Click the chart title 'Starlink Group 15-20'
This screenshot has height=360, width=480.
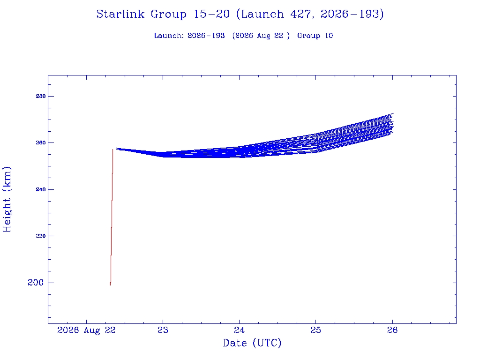click(163, 14)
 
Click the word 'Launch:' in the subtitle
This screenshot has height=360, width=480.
click(169, 36)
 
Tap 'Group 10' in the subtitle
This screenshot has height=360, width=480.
click(315, 36)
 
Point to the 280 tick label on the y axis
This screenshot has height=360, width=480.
click(41, 96)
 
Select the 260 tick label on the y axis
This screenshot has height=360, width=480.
click(41, 142)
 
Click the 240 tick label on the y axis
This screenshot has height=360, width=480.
click(41, 189)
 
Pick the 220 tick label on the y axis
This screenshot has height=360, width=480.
click(41, 236)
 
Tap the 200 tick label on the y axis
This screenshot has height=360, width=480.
click(36, 283)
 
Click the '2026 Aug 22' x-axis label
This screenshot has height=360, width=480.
click(86, 330)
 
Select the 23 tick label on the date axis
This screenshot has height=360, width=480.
click(163, 330)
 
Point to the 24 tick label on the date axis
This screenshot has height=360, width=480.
click(240, 330)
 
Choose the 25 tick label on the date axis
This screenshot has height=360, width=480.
click(316, 330)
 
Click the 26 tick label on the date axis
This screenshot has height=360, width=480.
click(392, 330)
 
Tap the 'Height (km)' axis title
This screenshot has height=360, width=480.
click(7, 199)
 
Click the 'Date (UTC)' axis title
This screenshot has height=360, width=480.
click(252, 343)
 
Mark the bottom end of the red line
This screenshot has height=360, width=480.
click(110, 285)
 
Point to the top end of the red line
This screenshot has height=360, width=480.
click(113, 149)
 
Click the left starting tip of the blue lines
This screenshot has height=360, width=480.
click(116, 148)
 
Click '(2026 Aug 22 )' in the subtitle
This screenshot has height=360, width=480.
click(261, 36)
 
